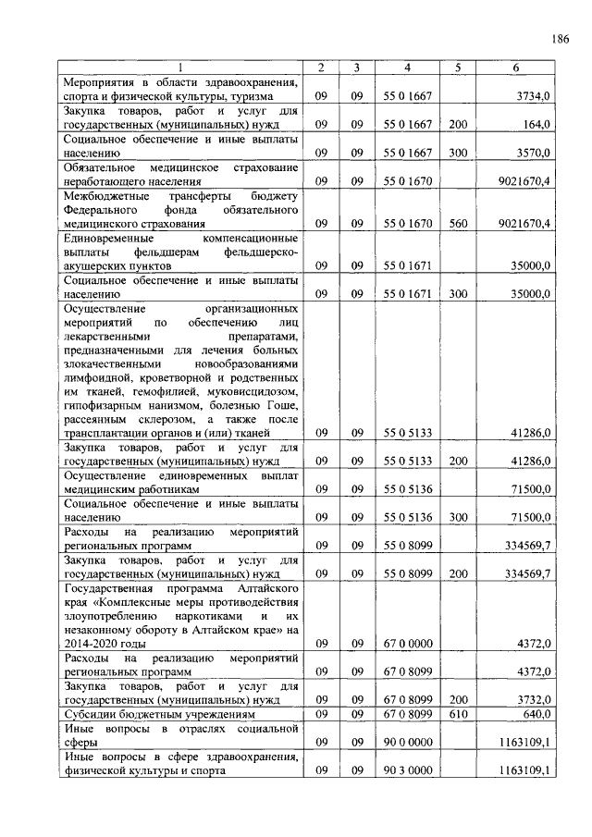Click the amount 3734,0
[534, 95]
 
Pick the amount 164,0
[537, 123]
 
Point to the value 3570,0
[534, 152]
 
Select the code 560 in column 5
[458, 223]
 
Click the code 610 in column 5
[458, 714]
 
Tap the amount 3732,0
[534, 699]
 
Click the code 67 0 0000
[408, 643]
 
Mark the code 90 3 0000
[408, 770]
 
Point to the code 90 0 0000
[408, 742]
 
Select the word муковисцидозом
[253, 391]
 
